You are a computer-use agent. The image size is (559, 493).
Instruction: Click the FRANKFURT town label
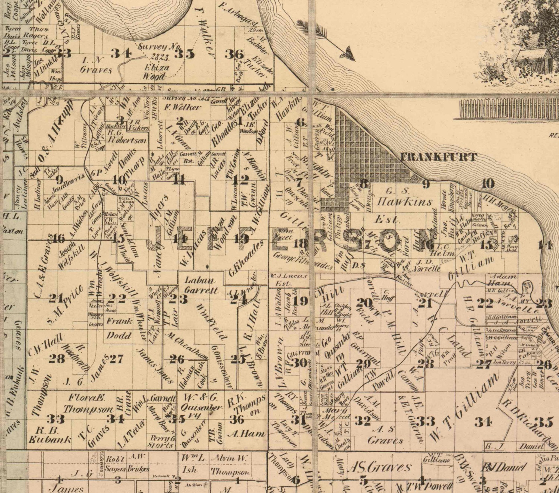[x=438, y=157]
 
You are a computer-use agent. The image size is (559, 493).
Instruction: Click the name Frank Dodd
[x=119, y=328]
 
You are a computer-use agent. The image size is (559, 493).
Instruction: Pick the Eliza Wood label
[x=156, y=72]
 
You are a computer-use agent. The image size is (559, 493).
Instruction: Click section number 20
[x=364, y=302]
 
